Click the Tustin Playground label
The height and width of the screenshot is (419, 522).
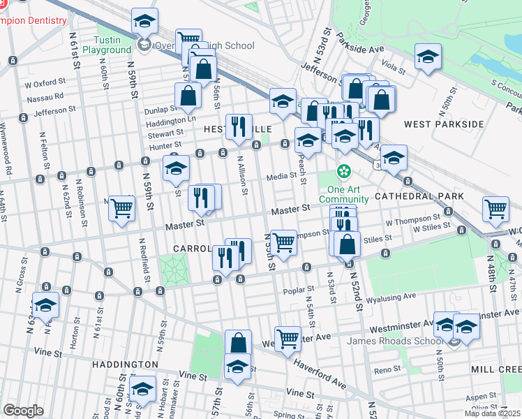tap(107, 45)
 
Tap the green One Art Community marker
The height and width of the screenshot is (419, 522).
tap(344, 170)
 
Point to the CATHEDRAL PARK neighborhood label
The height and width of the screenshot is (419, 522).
tap(415, 198)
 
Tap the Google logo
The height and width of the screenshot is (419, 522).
tap(23, 411)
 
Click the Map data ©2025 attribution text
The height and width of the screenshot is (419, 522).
tap(492, 413)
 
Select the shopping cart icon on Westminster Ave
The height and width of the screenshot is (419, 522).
tap(288, 339)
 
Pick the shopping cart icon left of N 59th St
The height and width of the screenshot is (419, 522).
tap(122, 207)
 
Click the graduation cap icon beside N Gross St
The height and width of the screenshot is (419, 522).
tap(46, 306)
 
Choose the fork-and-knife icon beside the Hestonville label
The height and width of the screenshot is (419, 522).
tap(239, 126)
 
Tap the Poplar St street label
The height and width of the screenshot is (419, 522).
tap(294, 291)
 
